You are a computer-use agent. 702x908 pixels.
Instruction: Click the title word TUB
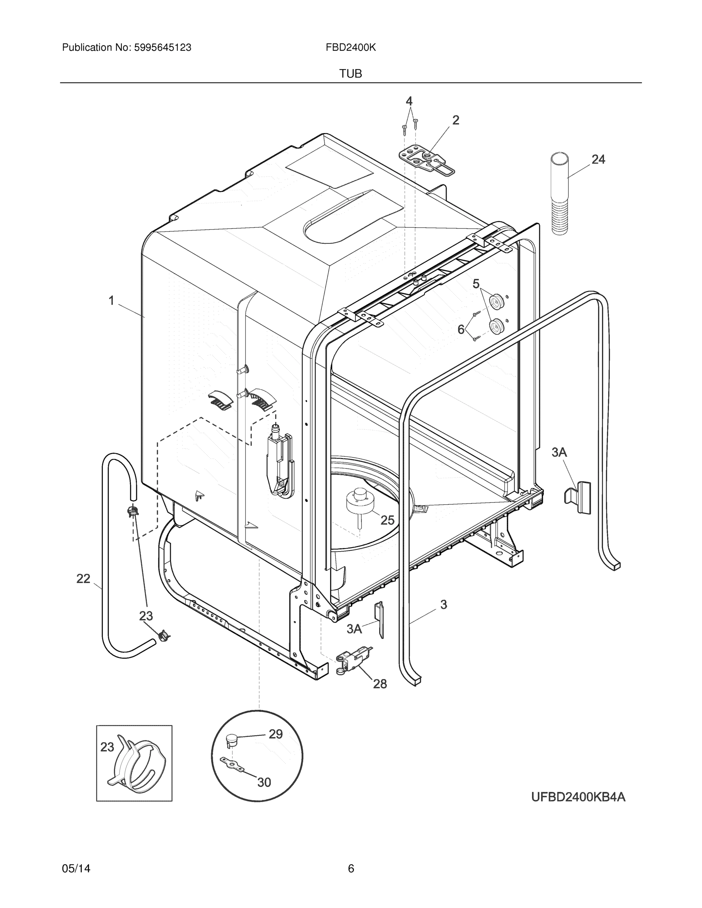click(x=350, y=74)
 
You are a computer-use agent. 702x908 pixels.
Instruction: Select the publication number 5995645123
click(x=162, y=48)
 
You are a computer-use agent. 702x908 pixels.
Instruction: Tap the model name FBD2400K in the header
click(x=350, y=48)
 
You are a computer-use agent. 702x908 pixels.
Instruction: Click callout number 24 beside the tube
click(x=598, y=159)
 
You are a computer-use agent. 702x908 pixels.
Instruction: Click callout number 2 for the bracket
click(x=456, y=120)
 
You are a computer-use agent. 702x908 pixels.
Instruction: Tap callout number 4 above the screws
click(x=409, y=101)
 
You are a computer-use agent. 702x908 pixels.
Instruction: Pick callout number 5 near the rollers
click(x=476, y=284)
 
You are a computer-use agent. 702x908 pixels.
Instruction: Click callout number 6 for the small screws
click(x=461, y=330)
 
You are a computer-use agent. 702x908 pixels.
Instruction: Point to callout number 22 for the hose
click(x=83, y=578)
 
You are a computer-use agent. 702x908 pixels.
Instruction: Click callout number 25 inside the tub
click(x=387, y=520)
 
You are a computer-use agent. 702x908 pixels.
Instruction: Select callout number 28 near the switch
click(x=380, y=684)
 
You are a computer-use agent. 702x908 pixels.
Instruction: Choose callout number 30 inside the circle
click(x=264, y=782)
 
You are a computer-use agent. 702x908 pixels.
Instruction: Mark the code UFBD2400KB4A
click(x=578, y=797)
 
